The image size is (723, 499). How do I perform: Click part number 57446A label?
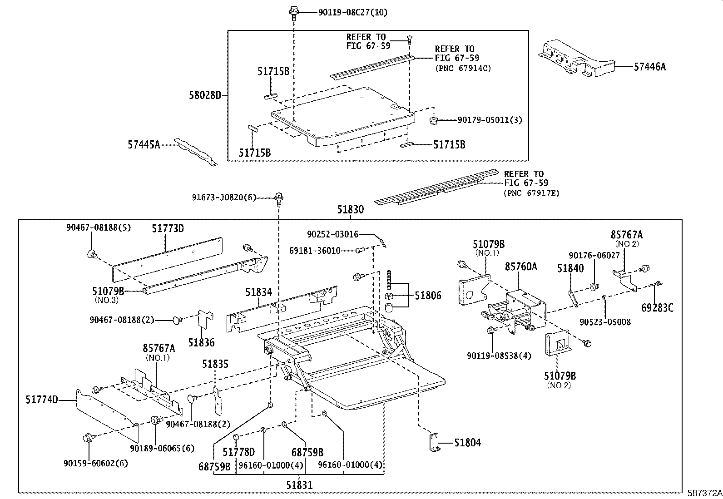(650, 67)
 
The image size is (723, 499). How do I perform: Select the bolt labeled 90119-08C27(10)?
(293, 11)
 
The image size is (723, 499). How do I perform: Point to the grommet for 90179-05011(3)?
(433, 121)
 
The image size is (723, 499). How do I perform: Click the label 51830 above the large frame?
(350, 210)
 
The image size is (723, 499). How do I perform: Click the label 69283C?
(657, 308)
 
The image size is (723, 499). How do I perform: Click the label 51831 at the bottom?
(299, 484)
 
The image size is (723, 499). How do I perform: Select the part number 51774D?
(42, 400)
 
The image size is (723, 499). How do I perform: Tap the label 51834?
(258, 292)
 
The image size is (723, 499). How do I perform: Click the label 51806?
(428, 296)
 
